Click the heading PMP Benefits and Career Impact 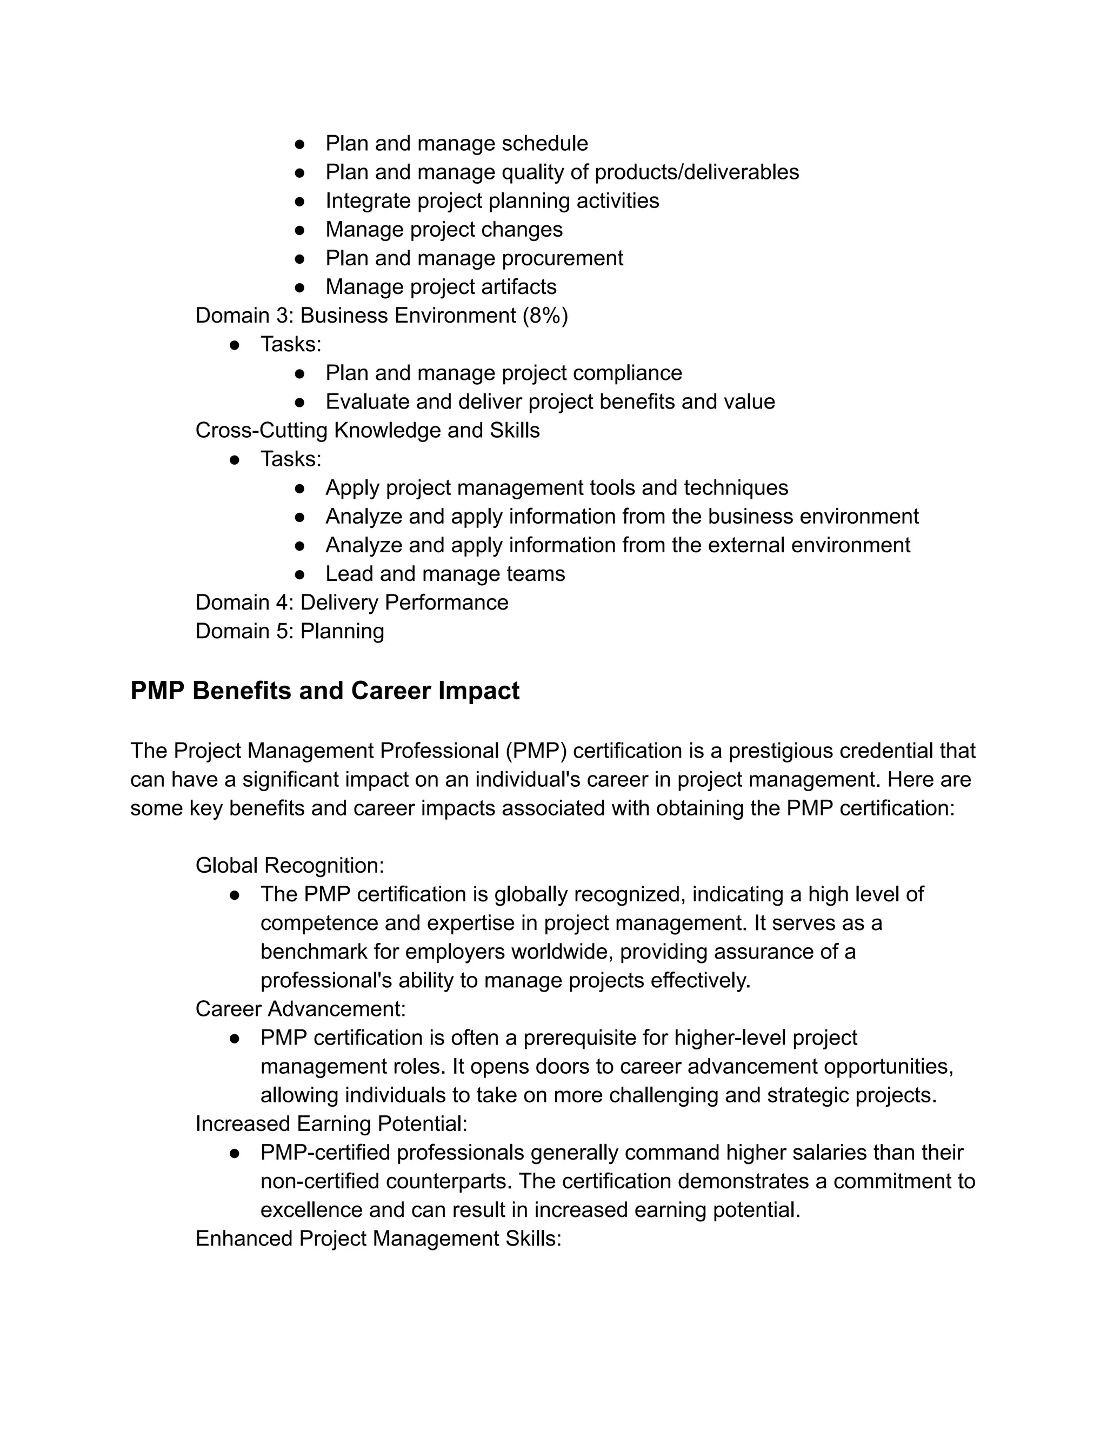point(325,691)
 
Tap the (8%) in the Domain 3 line point(545,316)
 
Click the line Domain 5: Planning point(289,631)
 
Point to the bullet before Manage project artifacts point(299,287)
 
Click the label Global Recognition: point(289,866)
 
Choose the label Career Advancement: point(301,1009)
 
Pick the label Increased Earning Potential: point(331,1124)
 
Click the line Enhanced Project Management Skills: point(378,1239)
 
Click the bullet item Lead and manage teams point(445,574)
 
